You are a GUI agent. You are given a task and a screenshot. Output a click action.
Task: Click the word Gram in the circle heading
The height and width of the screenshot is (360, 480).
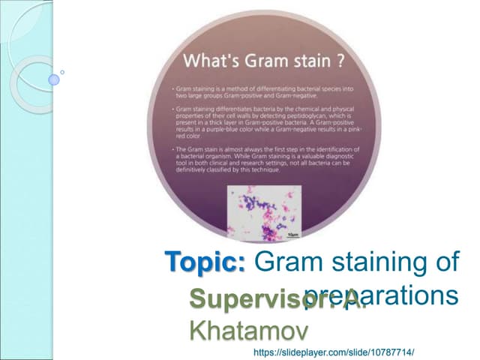point(258,58)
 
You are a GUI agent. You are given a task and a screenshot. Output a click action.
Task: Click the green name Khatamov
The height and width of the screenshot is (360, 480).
point(249,328)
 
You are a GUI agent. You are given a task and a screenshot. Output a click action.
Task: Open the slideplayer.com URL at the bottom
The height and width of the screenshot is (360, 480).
point(334,351)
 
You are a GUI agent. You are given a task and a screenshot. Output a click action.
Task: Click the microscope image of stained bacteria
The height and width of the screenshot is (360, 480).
point(264,212)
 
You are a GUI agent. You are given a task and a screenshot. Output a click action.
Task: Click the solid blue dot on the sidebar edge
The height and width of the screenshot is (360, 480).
point(53,79)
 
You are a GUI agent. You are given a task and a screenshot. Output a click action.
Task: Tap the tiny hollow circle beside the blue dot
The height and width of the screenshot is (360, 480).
point(62,73)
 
